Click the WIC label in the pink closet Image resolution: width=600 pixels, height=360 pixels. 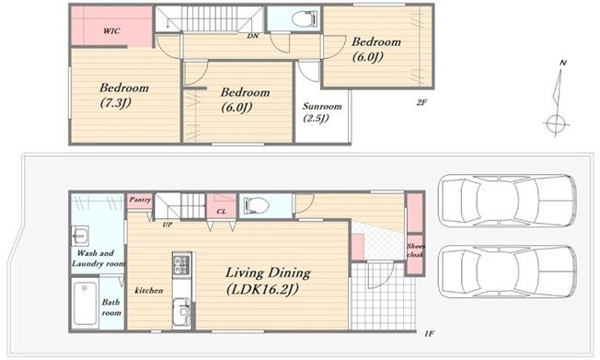click(x=111, y=31)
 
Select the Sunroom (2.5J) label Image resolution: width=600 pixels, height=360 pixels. click(x=322, y=111)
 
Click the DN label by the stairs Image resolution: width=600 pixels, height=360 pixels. click(x=252, y=36)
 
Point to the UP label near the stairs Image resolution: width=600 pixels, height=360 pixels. click(x=167, y=225)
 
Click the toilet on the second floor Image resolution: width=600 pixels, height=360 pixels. click(x=305, y=18)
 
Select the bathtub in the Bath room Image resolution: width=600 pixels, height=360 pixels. click(x=85, y=304)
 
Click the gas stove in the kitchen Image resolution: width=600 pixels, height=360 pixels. click(x=181, y=262)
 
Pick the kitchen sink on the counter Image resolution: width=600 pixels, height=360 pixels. click(x=181, y=311)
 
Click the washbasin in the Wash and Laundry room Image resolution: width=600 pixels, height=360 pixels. click(x=80, y=235)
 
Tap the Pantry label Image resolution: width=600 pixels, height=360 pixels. click(x=140, y=200)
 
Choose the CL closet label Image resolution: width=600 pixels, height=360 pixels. click(x=221, y=212)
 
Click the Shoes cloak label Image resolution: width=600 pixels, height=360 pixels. click(x=416, y=250)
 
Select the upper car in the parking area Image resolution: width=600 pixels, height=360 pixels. click(x=508, y=201)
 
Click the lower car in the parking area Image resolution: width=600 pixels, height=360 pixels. click(x=508, y=272)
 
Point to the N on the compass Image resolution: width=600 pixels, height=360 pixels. click(x=562, y=64)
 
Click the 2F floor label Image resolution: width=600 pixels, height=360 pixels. click(x=421, y=102)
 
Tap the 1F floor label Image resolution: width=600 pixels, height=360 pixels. click(x=430, y=334)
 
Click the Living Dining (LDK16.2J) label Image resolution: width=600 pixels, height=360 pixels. click(x=268, y=281)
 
